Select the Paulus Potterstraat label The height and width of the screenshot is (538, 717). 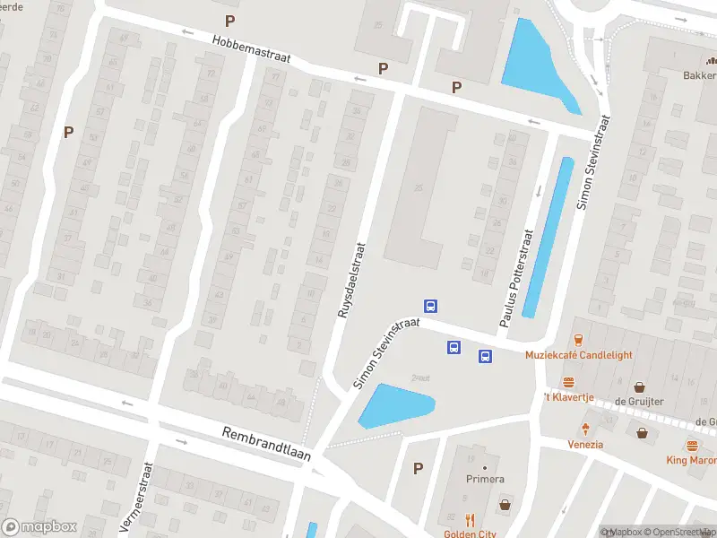tap(515, 277)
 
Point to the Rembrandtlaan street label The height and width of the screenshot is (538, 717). tap(266, 443)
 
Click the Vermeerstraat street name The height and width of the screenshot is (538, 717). tap(137, 499)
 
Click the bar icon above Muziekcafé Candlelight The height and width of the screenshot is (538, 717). tap(579, 339)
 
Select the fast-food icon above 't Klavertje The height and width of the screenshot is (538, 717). tap(567, 383)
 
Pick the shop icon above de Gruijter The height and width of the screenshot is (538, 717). tap(639, 387)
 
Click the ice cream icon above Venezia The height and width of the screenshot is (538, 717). tap(585, 429)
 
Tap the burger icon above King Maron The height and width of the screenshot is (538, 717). tap(691, 446)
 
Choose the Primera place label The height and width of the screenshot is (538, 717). tap(485, 480)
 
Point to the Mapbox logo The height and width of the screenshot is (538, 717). tap(39, 526)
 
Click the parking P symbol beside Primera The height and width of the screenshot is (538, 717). tap(418, 468)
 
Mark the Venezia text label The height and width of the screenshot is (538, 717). tap(585, 445)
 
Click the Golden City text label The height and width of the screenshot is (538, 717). tap(471, 534)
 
